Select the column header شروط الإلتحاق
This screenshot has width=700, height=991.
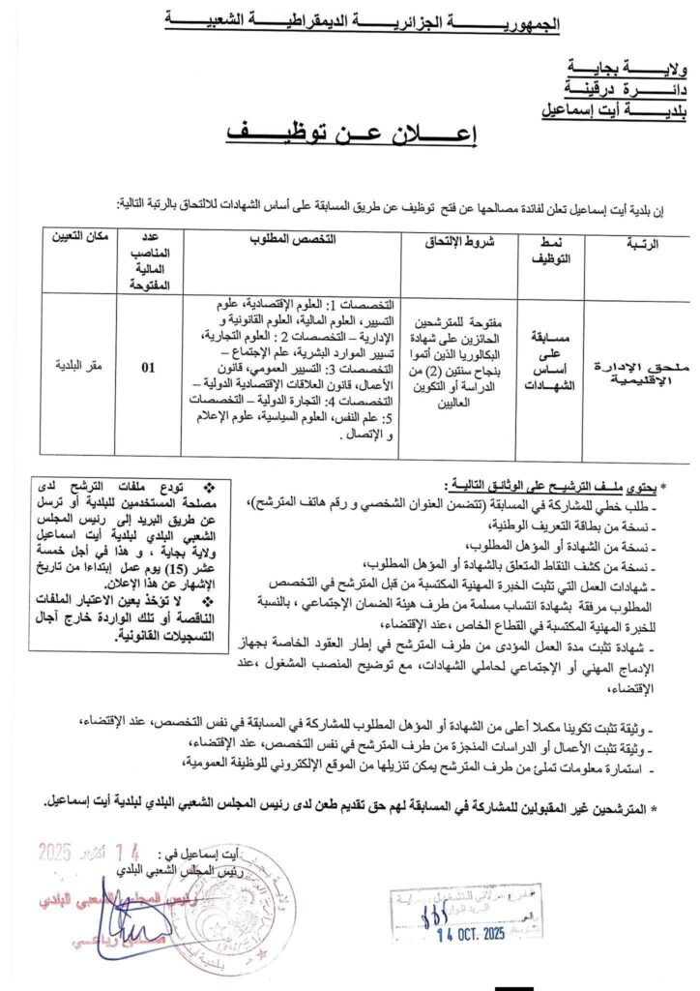(460, 241)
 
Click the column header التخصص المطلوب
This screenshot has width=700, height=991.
(290, 239)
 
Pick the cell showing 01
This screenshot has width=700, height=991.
(148, 368)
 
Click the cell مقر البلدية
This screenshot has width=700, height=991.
(76, 368)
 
